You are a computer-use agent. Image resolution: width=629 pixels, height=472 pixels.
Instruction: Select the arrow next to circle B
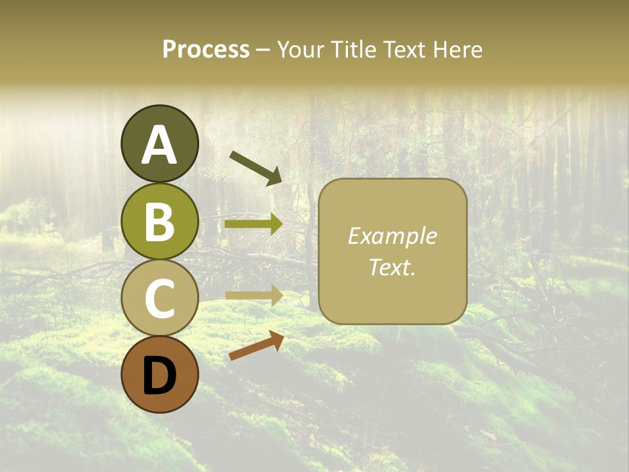(254, 224)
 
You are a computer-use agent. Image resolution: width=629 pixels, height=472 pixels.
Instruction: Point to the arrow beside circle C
(254, 296)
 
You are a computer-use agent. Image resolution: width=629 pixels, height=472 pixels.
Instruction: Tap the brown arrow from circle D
(256, 345)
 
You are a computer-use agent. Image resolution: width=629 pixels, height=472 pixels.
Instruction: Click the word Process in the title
(206, 50)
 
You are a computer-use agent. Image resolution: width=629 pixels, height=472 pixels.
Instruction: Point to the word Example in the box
(392, 236)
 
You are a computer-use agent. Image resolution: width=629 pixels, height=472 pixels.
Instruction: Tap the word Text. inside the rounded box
(392, 267)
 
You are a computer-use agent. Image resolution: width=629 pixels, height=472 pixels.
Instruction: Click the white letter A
(159, 146)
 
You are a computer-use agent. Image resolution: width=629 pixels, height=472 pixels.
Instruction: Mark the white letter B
(159, 223)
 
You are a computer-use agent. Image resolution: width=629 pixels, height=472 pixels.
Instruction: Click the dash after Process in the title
(263, 50)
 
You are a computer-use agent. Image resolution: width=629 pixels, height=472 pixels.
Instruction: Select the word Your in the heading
(301, 50)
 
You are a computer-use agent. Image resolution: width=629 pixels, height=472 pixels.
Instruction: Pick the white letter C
(159, 299)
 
